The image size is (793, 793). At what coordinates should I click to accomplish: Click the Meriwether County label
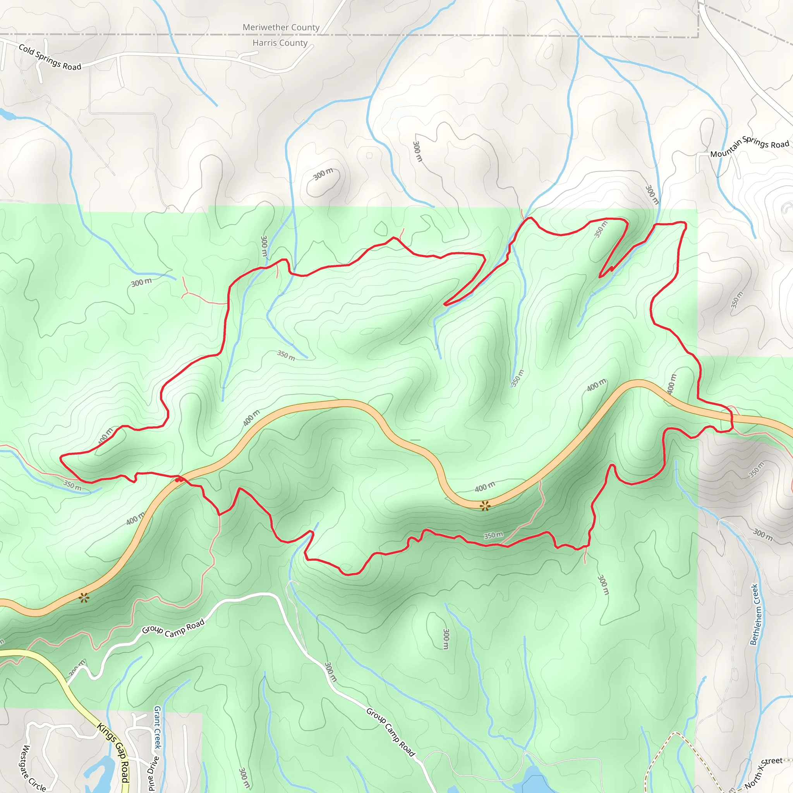coord(281,27)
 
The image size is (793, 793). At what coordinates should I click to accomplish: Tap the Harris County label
coord(280,43)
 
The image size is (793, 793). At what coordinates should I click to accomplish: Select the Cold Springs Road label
coord(50,57)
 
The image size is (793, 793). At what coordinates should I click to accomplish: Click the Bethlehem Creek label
coord(755,614)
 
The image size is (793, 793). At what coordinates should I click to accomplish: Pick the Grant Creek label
coord(157,727)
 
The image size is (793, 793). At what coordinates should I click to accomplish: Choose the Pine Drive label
coord(152,773)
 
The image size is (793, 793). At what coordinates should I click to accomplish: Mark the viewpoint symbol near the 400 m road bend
coord(485,506)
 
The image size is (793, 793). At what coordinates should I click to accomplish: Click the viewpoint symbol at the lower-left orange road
coord(84,597)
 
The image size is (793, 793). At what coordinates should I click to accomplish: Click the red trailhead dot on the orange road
coord(178,479)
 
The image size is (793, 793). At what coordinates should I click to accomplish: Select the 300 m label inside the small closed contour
coord(323,174)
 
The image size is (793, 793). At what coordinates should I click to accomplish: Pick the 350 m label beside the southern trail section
coord(493,535)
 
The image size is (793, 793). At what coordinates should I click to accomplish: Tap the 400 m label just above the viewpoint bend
coord(485,487)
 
